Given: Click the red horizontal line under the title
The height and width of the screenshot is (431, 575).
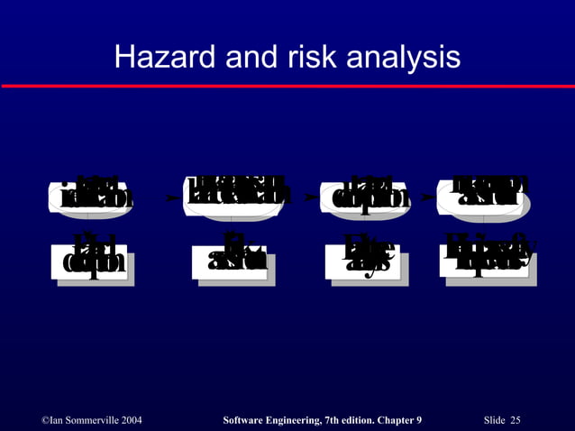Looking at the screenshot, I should (287, 86).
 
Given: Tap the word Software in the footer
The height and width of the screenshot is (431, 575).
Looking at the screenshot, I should (247, 420).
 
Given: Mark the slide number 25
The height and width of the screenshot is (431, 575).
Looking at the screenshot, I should (516, 420).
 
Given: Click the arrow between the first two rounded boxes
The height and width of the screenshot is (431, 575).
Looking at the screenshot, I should (171, 196).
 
